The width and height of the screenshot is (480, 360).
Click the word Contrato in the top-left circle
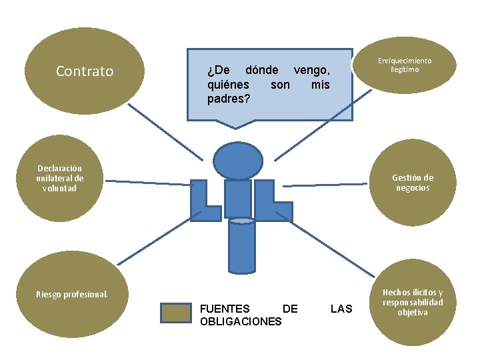pos(85,71)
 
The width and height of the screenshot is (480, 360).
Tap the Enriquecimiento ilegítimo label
pos(405,65)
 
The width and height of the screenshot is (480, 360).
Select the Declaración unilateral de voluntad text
pos(60,178)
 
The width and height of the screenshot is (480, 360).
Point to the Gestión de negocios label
pos(412,182)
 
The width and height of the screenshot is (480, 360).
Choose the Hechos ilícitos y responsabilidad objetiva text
pos(412,302)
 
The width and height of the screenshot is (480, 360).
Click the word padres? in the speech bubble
pos(229,99)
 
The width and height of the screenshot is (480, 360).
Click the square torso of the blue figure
pos(237,198)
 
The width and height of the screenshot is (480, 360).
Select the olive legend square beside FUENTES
pos(176,314)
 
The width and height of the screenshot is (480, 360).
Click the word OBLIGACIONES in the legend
pos(240,322)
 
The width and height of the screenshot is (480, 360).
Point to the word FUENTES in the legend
pos(225,309)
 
